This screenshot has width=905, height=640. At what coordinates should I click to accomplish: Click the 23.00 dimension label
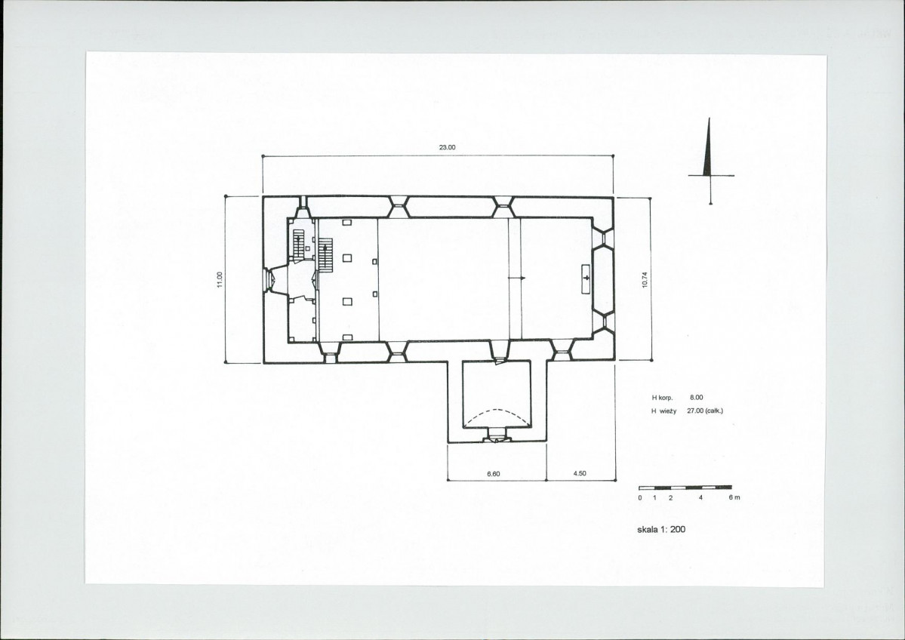(448, 147)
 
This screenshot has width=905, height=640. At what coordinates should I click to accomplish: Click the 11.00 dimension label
(220, 279)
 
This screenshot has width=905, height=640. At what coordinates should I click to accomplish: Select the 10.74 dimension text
(645, 280)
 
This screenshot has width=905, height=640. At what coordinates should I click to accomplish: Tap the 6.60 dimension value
(494, 474)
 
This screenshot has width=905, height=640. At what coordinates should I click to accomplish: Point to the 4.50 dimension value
(580, 473)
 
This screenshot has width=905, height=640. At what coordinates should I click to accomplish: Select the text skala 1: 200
(661, 528)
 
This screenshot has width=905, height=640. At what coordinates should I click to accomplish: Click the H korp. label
(663, 398)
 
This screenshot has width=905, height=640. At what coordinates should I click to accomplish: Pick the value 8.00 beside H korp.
(697, 398)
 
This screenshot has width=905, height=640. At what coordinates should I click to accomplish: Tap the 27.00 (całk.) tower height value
(705, 411)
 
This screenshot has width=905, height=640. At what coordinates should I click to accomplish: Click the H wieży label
(663, 411)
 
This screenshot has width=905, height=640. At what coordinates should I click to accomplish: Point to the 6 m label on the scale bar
(734, 497)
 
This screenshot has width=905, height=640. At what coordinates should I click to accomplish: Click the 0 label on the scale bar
(640, 497)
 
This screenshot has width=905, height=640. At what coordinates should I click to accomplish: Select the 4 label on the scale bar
(700, 497)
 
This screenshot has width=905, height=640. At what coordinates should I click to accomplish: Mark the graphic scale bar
(685, 488)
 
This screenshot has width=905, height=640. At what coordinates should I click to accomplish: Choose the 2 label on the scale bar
(670, 497)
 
